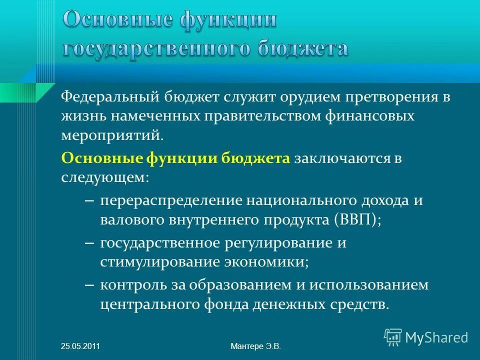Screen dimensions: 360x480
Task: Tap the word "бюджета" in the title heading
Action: [x=302, y=49]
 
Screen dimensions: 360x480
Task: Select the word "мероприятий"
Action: [x=112, y=135]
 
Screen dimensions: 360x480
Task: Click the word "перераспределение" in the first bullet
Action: [x=173, y=200]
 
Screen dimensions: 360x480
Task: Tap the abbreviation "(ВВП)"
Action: [x=355, y=219]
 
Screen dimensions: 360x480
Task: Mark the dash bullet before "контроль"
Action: [x=89, y=285]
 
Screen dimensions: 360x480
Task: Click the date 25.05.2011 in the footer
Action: [x=80, y=346]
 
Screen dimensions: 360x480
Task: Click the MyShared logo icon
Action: [x=393, y=337]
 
